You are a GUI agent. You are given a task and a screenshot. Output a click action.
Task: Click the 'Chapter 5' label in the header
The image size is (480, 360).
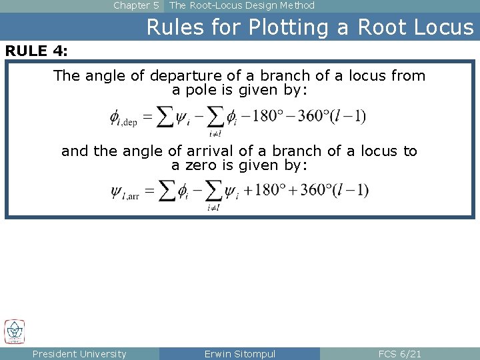pyautogui.click(x=136, y=5)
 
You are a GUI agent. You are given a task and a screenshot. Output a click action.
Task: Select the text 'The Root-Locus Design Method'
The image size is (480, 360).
pyautogui.click(x=242, y=5)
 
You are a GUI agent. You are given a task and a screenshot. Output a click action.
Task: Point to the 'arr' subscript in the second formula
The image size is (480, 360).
pyautogui.click(x=131, y=197)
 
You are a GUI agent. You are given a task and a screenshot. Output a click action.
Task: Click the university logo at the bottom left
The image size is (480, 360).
pyautogui.click(x=15, y=331)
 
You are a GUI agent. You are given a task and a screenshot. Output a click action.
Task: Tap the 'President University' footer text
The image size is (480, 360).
pyautogui.click(x=79, y=354)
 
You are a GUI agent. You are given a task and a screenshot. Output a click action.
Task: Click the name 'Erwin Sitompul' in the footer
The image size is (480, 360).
pyautogui.click(x=240, y=354)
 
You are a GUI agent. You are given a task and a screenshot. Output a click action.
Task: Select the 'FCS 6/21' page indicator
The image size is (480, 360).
pyautogui.click(x=400, y=354)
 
